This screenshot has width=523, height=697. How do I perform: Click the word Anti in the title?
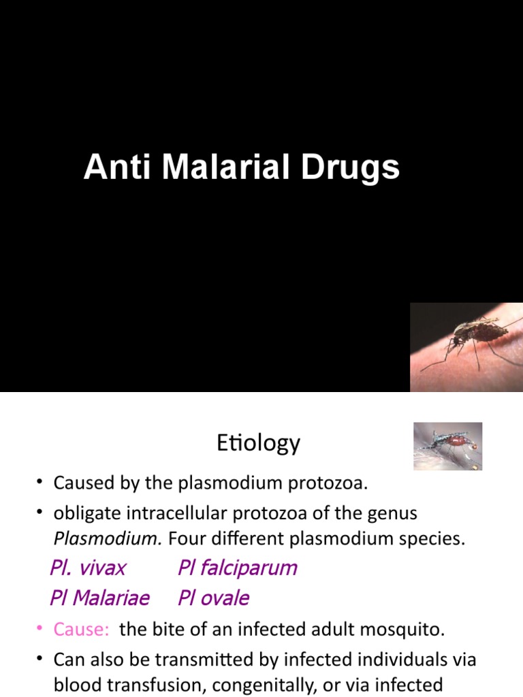(x=108, y=167)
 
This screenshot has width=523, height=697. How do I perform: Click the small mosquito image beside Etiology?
(x=447, y=446)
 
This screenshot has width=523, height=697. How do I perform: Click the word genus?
(x=390, y=512)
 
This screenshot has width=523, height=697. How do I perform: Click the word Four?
(x=184, y=540)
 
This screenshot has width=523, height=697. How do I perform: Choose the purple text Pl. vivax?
(x=89, y=568)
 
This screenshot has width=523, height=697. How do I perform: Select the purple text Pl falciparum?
(x=238, y=568)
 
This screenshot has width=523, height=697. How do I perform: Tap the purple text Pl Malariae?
(x=99, y=598)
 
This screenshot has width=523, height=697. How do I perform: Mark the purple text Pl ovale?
(x=213, y=598)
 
